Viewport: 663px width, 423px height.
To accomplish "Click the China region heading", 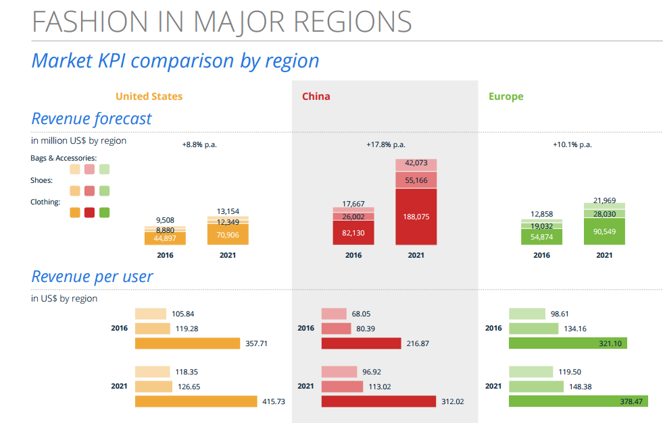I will click(x=316, y=96).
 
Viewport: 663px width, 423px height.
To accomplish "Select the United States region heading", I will click(x=149, y=96).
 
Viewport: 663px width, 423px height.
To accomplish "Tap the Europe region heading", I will click(x=506, y=96).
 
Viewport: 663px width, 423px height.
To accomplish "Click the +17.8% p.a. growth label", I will click(x=386, y=144).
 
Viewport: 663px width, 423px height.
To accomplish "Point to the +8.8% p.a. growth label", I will click(x=199, y=144).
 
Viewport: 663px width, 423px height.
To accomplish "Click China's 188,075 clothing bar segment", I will click(x=416, y=217).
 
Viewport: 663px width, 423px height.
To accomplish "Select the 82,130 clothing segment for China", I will click(x=353, y=233).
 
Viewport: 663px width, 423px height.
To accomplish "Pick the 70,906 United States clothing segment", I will click(x=228, y=235).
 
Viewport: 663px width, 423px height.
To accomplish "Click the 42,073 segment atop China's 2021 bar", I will click(x=416, y=164).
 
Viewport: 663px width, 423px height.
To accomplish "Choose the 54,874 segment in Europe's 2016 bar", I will click(x=542, y=237).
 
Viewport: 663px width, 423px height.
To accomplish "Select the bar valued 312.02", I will click(x=378, y=401).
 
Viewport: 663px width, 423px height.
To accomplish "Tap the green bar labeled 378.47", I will click(x=578, y=401).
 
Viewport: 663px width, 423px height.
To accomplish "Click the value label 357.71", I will click(x=257, y=343).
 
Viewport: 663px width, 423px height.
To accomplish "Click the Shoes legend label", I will click(x=42, y=180).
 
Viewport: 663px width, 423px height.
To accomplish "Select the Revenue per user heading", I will click(x=92, y=277).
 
